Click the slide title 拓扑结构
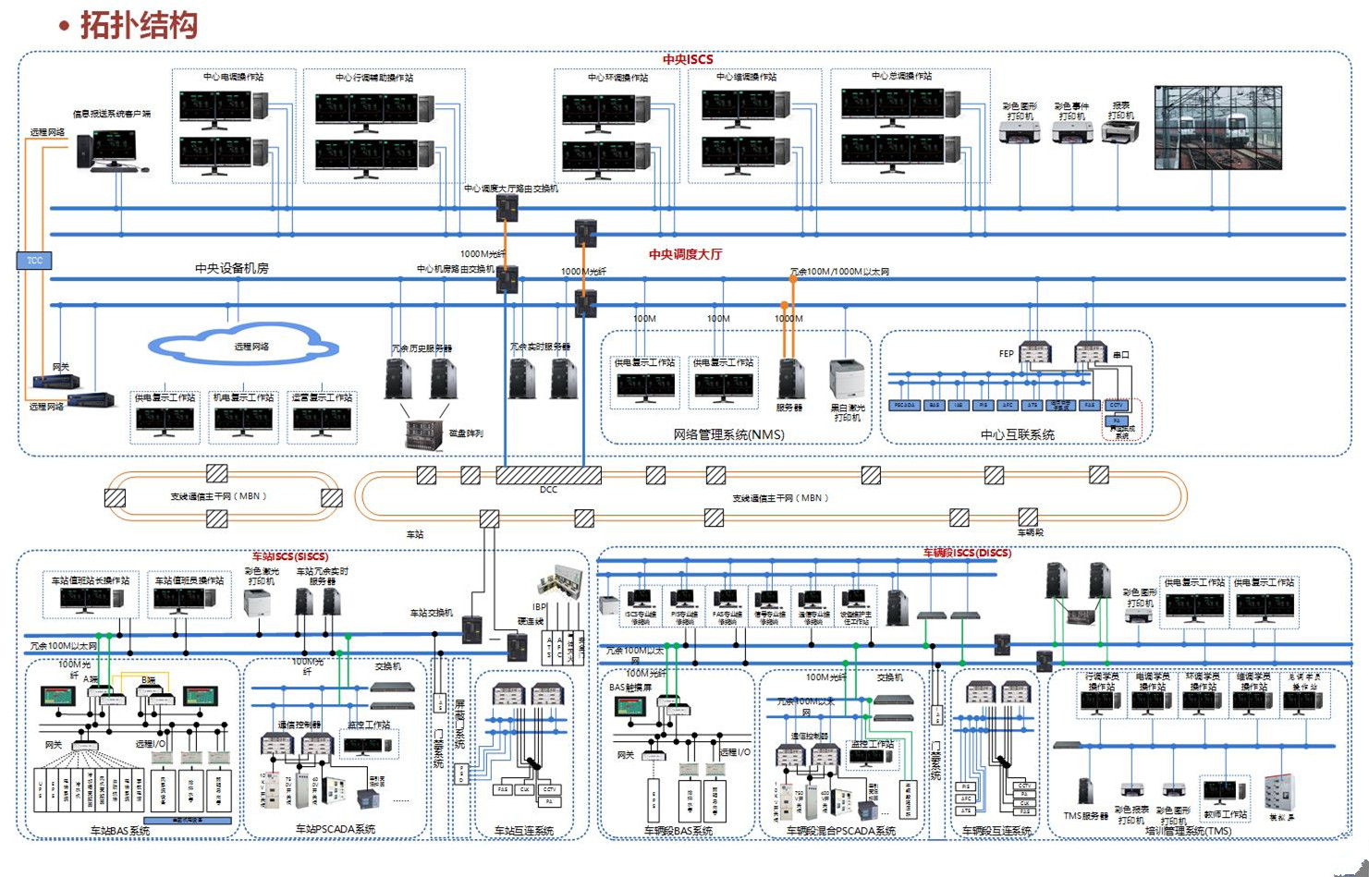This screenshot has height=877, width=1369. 139,25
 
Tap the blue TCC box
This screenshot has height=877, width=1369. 34,261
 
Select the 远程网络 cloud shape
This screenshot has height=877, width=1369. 243,346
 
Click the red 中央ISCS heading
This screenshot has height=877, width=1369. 688,59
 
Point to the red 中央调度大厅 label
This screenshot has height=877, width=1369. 685,254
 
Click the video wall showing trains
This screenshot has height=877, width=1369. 1218,128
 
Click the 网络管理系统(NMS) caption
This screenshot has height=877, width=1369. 728,434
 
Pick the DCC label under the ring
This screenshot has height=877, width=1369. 548,490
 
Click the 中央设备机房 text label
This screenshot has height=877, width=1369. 231,268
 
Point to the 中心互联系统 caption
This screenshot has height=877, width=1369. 1017,434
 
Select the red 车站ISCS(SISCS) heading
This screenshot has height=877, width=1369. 289,556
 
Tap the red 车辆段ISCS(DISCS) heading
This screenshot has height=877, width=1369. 967,553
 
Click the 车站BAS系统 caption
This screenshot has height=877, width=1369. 120,831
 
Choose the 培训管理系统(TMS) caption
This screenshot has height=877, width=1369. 1188,831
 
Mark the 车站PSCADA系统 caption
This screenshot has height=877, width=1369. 335,829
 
